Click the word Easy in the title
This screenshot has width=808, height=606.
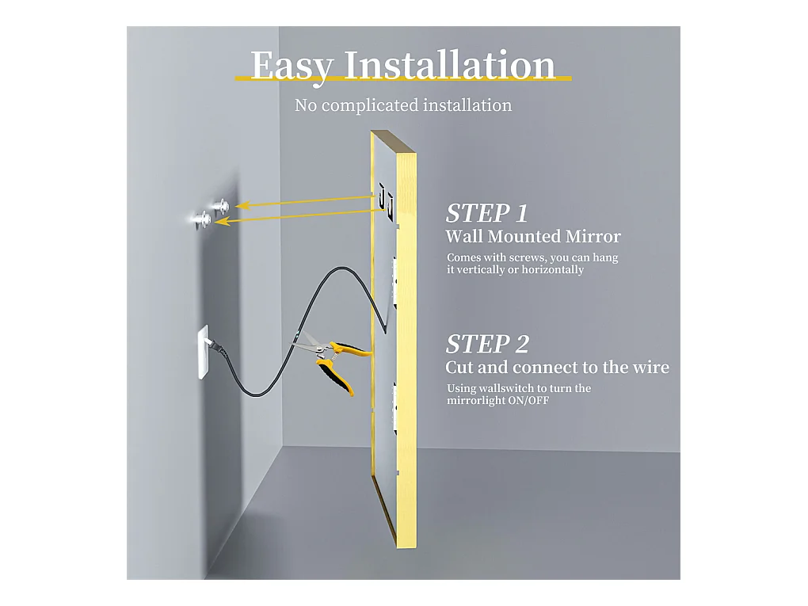click(x=292, y=67)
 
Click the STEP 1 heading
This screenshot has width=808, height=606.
click(x=487, y=213)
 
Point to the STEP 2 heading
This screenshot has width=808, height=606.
click(x=487, y=344)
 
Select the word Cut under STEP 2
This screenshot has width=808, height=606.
click(x=459, y=367)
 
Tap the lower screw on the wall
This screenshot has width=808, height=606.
click(x=201, y=219)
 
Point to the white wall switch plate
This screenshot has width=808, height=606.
click(x=204, y=353)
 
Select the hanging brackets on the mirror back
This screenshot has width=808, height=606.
click(x=385, y=196)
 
